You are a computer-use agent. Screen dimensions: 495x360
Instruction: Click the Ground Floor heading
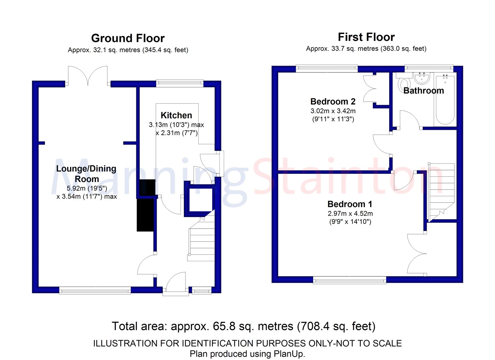pos(128,38)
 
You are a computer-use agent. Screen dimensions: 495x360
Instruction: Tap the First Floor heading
pos(366,37)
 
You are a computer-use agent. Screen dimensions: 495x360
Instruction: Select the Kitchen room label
pos(176,115)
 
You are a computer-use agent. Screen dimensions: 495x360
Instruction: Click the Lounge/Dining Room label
pos(86,174)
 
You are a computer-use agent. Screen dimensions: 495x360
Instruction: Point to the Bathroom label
pos(424,90)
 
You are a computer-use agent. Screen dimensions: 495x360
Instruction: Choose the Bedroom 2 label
pos(333,101)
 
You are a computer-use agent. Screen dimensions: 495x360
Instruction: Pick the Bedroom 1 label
pos(350,204)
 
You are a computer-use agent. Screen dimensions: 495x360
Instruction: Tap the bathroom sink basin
pos(422,78)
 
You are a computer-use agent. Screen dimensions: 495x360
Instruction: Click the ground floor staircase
pos(201,239)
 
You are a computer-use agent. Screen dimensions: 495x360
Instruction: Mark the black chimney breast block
pos(146,206)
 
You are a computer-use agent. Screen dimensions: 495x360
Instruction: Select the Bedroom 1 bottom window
pos(349,281)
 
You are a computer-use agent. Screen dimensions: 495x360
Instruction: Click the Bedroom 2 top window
pos(327,69)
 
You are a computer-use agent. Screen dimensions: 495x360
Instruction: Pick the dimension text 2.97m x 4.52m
pos(350,214)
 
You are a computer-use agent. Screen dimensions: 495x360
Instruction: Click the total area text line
pos(244,326)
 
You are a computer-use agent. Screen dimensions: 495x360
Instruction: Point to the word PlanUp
pos(289,354)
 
